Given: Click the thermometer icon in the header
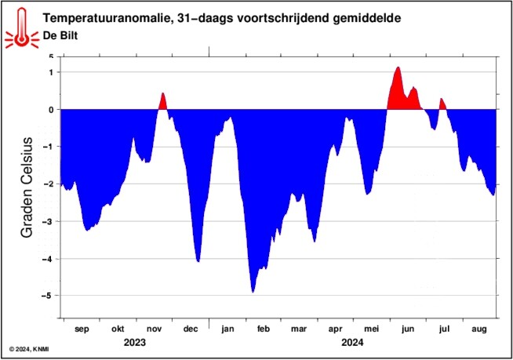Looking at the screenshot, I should tap(20, 26).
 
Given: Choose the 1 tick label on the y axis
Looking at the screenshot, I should tap(49, 72).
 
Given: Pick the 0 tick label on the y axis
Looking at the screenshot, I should tap(49, 110).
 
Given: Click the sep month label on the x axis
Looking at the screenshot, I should tap(82, 329).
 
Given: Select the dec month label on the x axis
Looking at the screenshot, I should tap(190, 329).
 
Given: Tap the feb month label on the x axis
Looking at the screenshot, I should tap(264, 329).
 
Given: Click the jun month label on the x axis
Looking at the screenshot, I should tap(407, 329).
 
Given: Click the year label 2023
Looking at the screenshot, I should tap(135, 342).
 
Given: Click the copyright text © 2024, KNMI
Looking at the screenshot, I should tap(30, 347).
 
